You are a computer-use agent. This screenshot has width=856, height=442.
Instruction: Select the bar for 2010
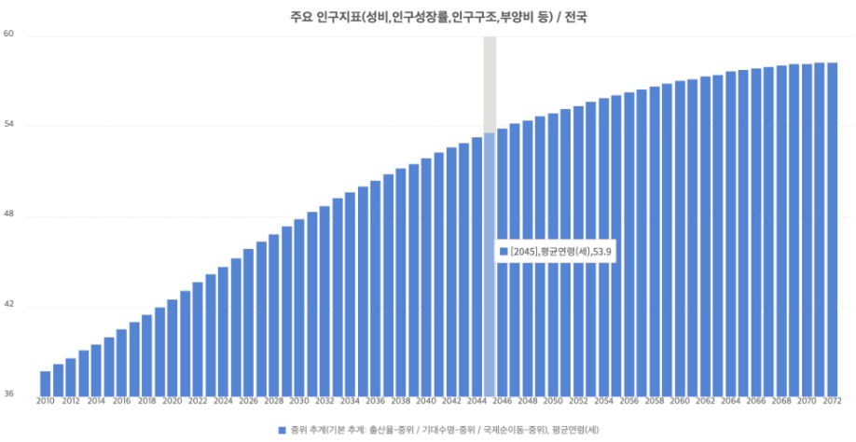pyautogui.click(x=45, y=383)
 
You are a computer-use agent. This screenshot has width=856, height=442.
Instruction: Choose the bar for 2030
pyautogui.click(x=299, y=307)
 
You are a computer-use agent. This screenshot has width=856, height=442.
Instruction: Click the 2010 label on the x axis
pyautogui.click(x=45, y=401)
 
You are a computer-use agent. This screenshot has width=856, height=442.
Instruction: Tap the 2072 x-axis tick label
pyautogui.click(x=832, y=401)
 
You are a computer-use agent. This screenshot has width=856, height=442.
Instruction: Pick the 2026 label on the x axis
pyautogui.click(x=248, y=401)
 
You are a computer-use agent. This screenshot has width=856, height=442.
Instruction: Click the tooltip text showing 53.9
pyautogui.click(x=560, y=252)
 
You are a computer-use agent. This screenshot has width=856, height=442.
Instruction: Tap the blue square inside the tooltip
pyautogui.click(x=504, y=252)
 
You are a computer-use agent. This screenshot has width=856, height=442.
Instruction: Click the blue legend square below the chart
pyautogui.click(x=281, y=430)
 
